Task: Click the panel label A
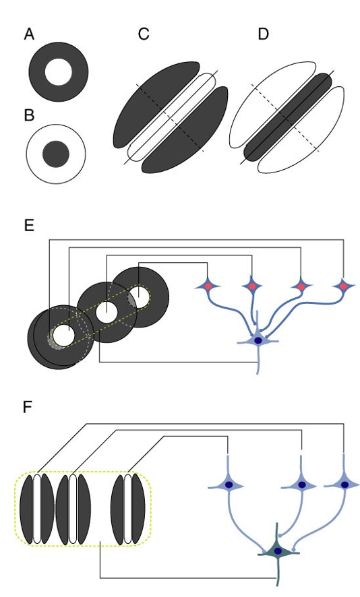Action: point(29,34)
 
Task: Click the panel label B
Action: point(29,115)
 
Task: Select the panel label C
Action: point(143,34)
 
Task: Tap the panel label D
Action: point(263,34)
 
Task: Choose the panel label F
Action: point(29,408)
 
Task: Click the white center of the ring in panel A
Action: point(58,72)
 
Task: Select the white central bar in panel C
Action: point(171,117)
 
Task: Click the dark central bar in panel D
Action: point(288,117)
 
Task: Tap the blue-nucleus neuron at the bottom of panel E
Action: point(258,340)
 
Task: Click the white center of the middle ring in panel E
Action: point(106,312)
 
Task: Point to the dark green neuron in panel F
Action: point(277,551)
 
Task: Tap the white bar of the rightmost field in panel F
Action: point(127,509)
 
